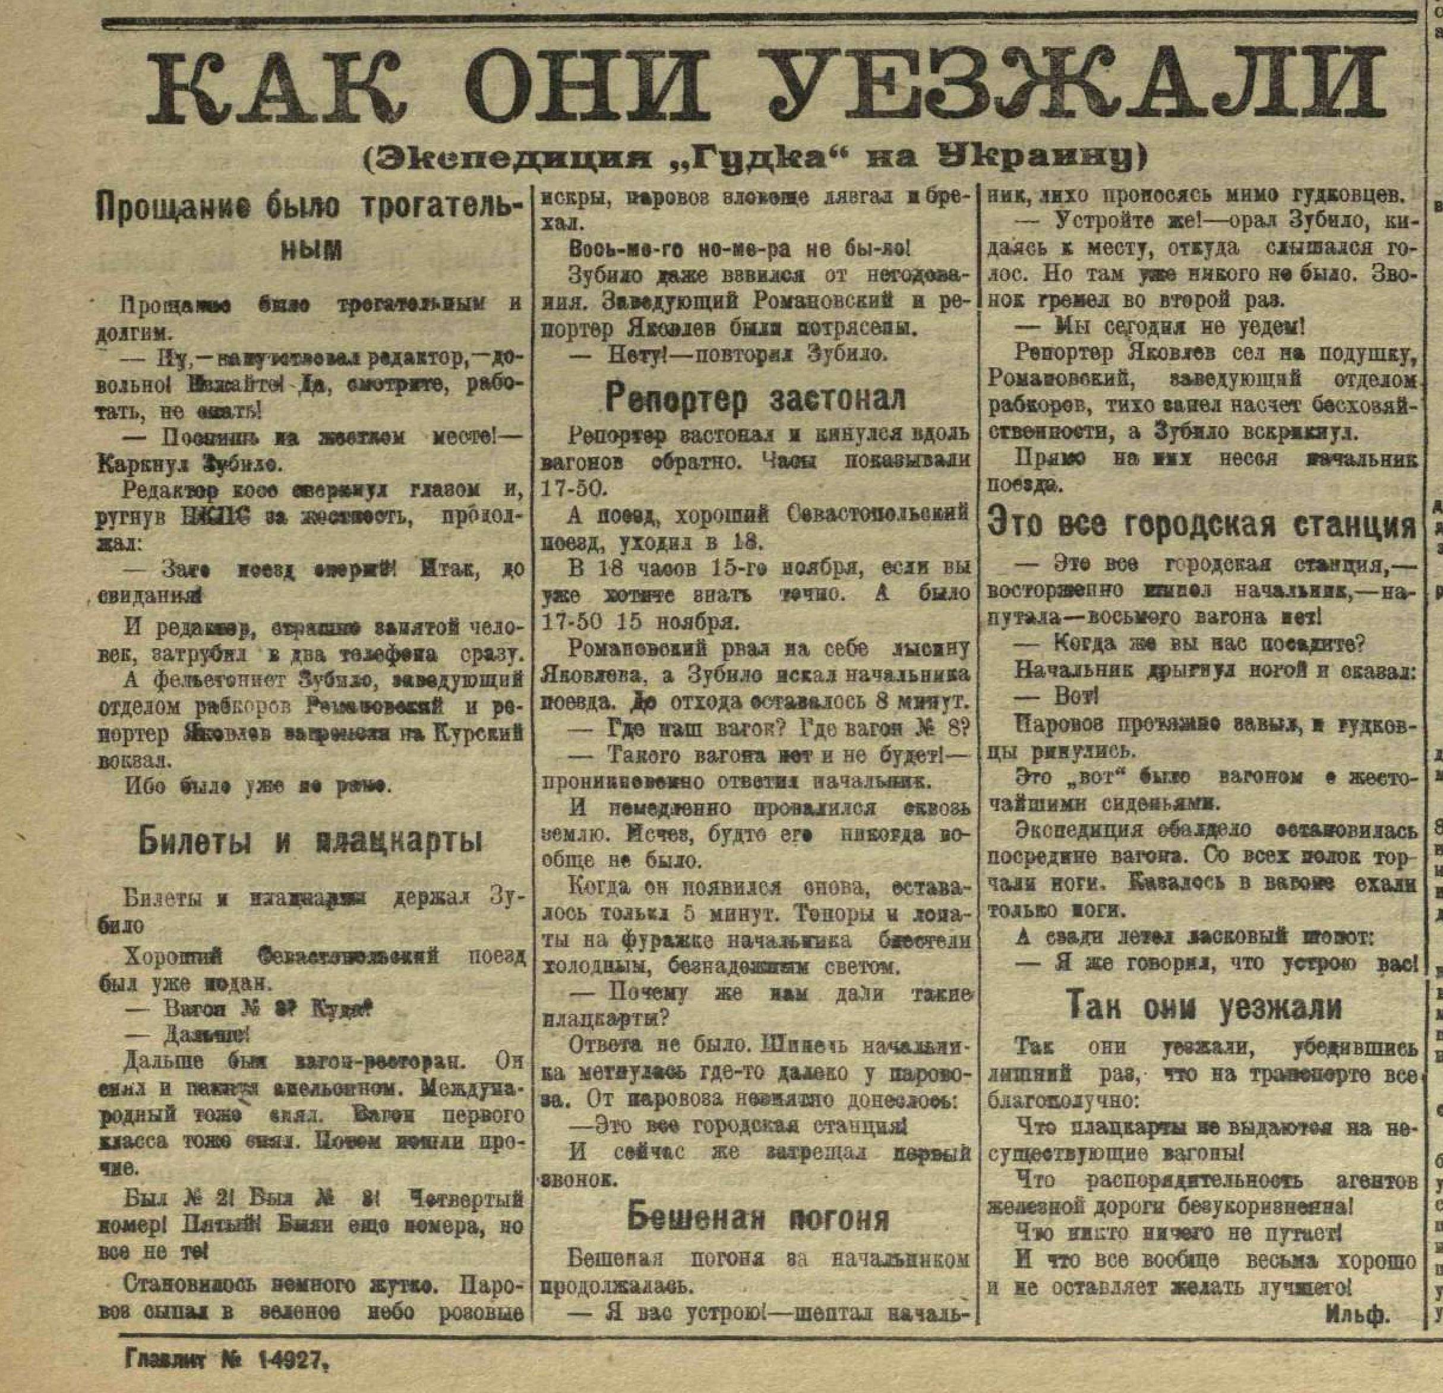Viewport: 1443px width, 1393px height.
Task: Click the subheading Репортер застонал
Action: pos(754,399)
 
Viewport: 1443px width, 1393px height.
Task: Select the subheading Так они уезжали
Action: pos(1203,1007)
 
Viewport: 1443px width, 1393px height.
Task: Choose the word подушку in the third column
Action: pos(1376,353)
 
